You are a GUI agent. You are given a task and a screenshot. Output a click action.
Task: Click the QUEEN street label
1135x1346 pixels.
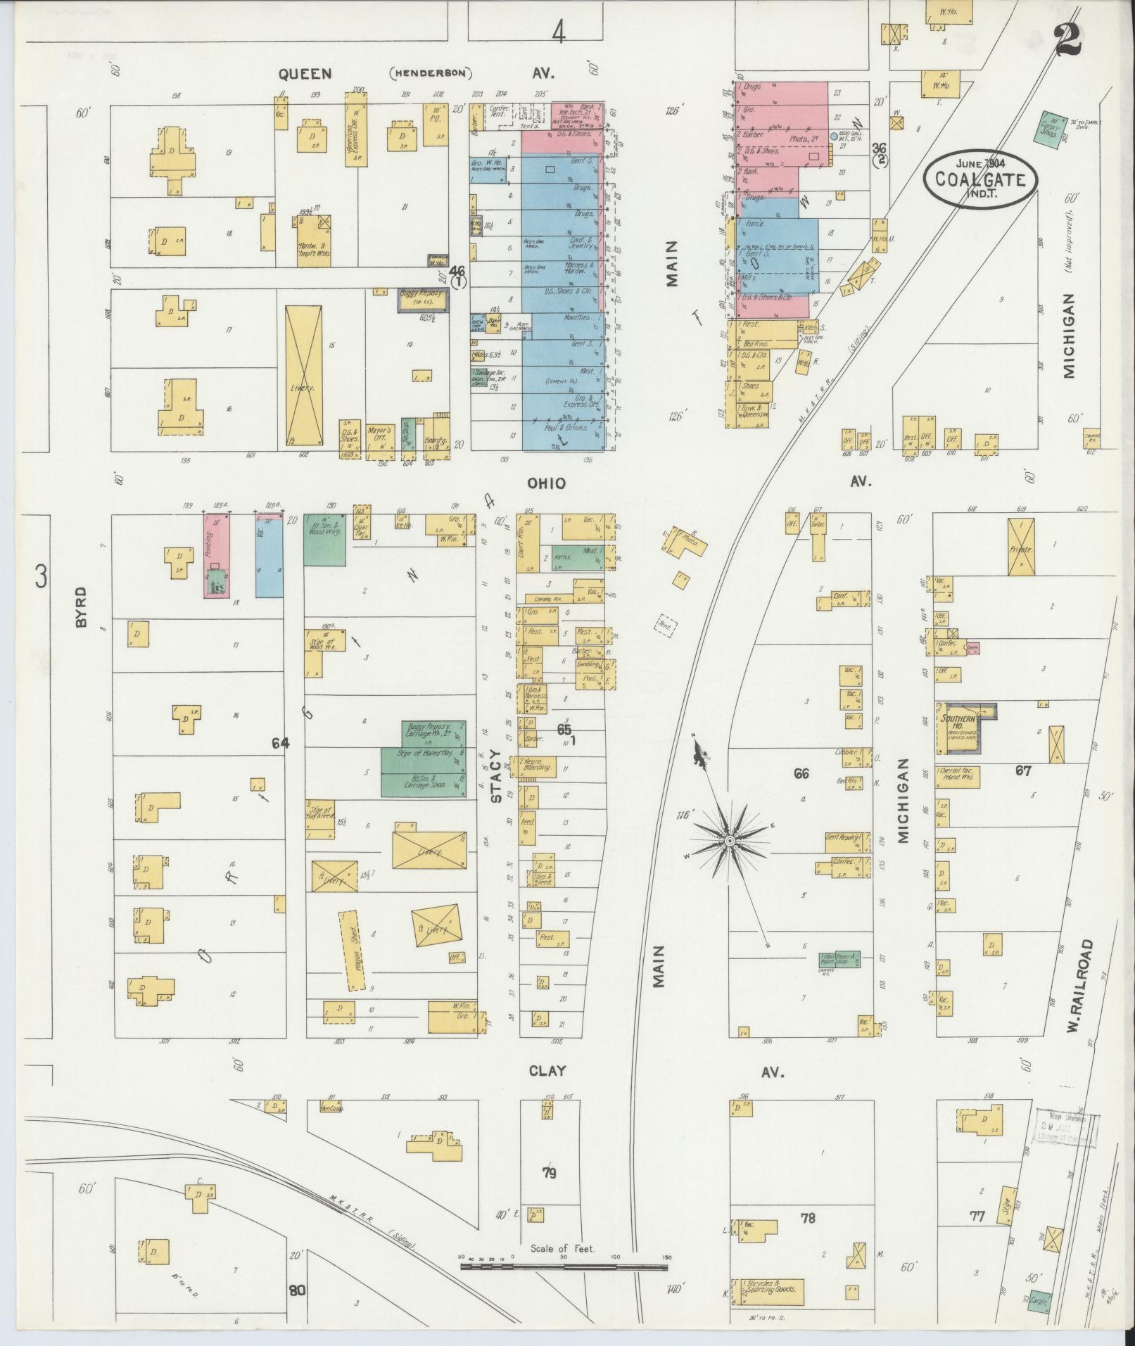point(304,73)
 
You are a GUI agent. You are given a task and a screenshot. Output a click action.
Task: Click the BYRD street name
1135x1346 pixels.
point(80,607)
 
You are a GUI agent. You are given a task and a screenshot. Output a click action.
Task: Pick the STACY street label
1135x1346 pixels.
point(496,785)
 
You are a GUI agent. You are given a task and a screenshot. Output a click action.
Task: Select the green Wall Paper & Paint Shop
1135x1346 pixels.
point(839,960)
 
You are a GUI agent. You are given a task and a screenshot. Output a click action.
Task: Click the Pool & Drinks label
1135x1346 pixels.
point(567,427)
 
